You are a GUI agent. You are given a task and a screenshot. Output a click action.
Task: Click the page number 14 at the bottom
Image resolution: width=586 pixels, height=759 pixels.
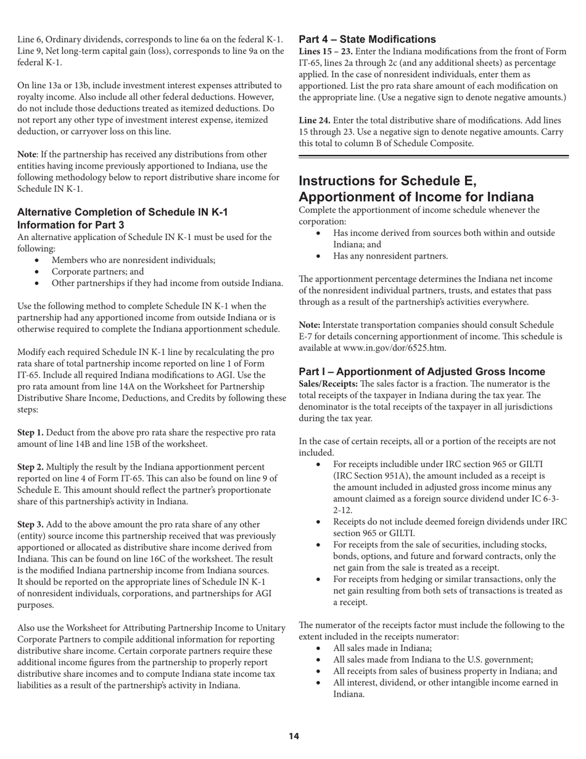[x=294, y=736]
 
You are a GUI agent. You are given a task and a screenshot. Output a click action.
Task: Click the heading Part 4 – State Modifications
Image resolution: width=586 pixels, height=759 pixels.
[x=367, y=39]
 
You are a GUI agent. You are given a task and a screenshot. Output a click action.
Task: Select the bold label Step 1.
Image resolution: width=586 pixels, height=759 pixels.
[x=30, y=433]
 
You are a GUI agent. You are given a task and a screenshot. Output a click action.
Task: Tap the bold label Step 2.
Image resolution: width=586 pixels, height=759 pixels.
[x=30, y=467]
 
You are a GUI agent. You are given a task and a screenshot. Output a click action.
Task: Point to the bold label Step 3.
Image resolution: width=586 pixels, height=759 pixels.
[x=30, y=525]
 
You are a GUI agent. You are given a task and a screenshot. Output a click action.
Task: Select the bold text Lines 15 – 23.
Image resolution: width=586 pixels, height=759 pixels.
[x=326, y=51]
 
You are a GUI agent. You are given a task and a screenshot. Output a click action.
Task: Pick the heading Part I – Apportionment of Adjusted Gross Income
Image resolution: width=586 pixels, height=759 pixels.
[x=422, y=371]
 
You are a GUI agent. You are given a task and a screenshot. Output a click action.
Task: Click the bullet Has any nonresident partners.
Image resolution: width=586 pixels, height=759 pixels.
[x=390, y=256]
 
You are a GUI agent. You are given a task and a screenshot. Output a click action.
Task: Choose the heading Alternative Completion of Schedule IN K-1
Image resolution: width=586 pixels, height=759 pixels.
[x=122, y=212]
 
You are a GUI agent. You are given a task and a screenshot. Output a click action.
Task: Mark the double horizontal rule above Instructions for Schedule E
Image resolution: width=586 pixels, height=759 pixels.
[x=434, y=157]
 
